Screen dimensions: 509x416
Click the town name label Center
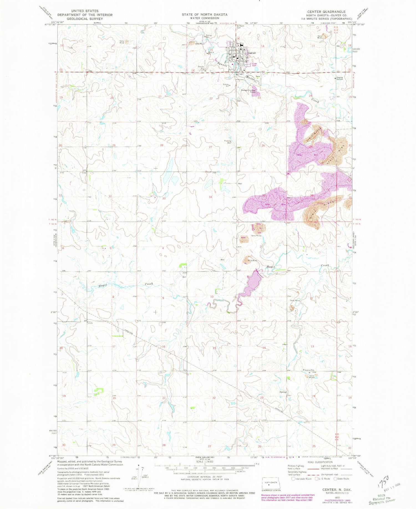(252, 53)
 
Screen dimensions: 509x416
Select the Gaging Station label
(339, 78)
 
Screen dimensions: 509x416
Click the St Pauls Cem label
(240, 27)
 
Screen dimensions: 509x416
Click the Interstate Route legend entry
(301, 478)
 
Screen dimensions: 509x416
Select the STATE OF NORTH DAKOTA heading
(204, 14)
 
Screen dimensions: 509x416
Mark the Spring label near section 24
(283, 392)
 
